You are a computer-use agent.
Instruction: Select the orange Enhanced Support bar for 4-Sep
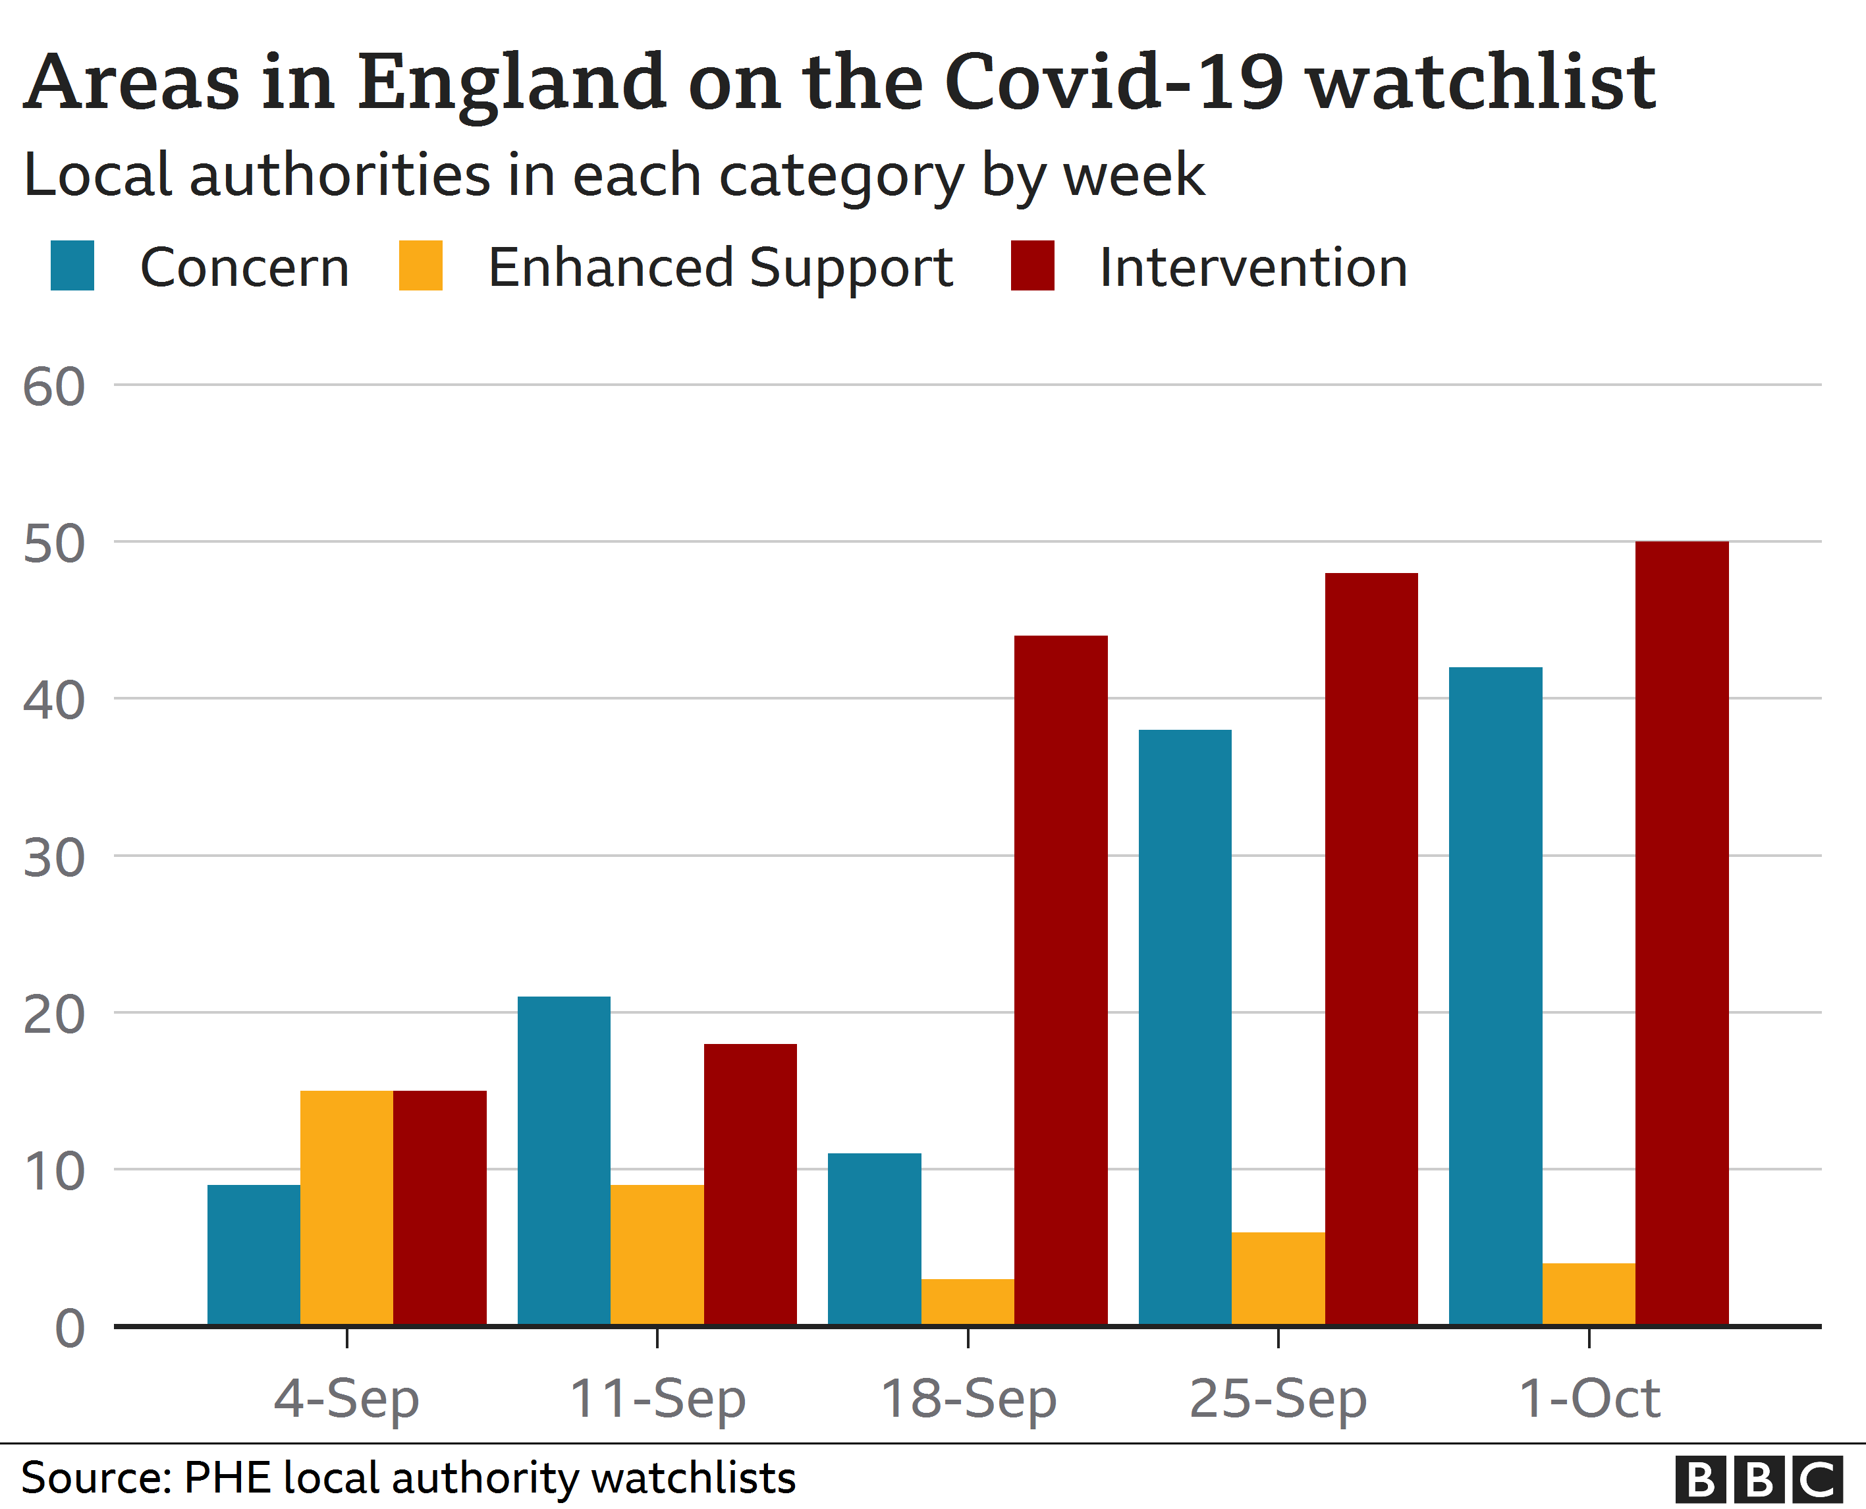coord(346,1207)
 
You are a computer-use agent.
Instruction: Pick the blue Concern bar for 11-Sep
coord(564,1161)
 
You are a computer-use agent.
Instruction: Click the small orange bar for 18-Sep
coord(968,1302)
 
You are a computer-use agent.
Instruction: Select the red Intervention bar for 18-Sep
coord(1060,981)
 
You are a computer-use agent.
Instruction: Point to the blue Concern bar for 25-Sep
coord(1184,1028)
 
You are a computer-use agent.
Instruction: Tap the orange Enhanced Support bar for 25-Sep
coord(1278,1278)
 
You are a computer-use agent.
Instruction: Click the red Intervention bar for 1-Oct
coord(1682,933)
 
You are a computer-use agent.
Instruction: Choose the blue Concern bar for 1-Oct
coord(1495,996)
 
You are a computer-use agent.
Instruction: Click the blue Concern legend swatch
coord(72,265)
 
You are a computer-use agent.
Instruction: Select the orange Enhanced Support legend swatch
coord(421,265)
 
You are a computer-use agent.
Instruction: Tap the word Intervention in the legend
coord(1252,267)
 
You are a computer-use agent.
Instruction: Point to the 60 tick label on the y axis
coord(54,387)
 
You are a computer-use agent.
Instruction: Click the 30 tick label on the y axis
coord(54,858)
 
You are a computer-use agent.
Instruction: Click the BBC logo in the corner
coord(1758,1479)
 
